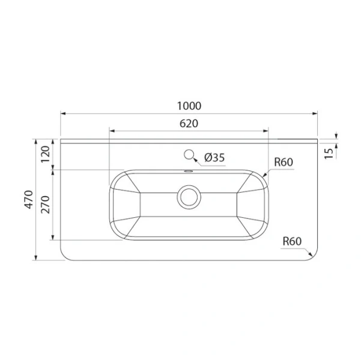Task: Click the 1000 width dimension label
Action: click(x=189, y=106)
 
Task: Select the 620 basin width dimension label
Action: click(x=189, y=124)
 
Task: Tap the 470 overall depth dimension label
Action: click(x=29, y=199)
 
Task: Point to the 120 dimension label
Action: click(x=46, y=154)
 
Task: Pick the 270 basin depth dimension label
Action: click(x=46, y=205)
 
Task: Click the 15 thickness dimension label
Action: click(x=329, y=154)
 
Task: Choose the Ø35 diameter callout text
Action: click(x=214, y=158)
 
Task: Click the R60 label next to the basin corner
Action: click(x=284, y=162)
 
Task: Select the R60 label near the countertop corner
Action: click(x=292, y=241)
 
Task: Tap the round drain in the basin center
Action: click(x=189, y=197)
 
